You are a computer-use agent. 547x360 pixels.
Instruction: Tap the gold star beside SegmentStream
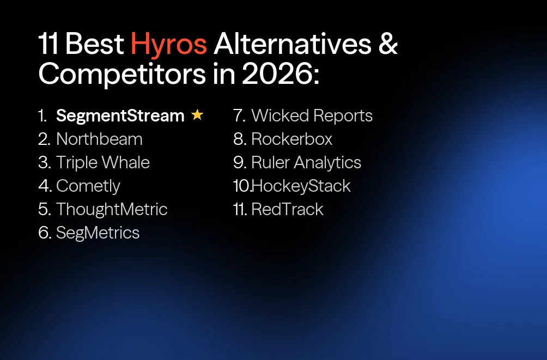197,115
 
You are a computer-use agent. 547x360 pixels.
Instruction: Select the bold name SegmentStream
120,116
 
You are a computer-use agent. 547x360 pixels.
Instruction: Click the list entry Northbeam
99,139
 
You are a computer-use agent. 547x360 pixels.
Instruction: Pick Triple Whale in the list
102,163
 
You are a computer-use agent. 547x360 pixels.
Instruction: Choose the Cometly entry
88,186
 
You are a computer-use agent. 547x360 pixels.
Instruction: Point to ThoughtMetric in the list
112,210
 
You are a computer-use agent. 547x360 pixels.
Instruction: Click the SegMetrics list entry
98,233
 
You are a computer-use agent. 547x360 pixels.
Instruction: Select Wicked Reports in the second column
312,116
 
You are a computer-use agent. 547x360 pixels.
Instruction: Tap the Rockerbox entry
291,139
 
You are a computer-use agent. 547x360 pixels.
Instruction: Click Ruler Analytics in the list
306,163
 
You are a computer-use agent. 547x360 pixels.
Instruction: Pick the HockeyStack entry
301,186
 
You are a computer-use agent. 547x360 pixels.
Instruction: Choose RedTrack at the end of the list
287,210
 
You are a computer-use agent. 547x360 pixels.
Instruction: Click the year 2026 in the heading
277,75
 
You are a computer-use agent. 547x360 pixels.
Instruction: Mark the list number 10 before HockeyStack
241,186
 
